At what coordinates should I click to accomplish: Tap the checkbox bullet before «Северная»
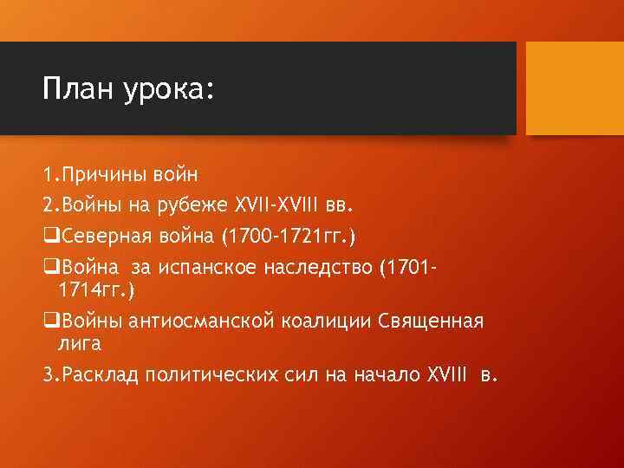pyautogui.click(x=49, y=235)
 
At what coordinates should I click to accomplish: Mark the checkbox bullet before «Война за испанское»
pyautogui.click(x=49, y=265)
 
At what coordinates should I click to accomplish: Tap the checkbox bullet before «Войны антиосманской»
pyautogui.click(x=49, y=322)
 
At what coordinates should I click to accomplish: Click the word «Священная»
pyautogui.click(x=430, y=322)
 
